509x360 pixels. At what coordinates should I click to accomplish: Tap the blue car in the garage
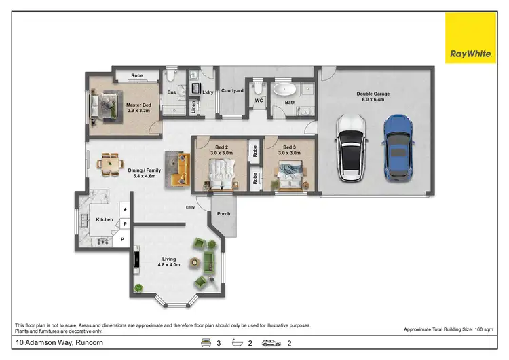tap(397, 147)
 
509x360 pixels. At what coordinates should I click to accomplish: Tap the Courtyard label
tap(232, 90)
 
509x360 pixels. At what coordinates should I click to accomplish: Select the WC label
tap(259, 101)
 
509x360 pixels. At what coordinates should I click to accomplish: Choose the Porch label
tap(223, 214)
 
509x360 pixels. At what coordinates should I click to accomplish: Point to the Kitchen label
tap(105, 219)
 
